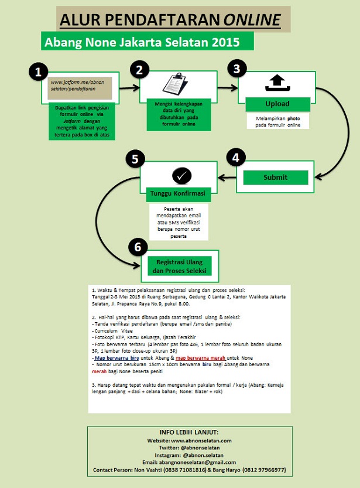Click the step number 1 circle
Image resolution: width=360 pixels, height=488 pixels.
pyautogui.click(x=38, y=71)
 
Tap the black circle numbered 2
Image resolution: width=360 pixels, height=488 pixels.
pyautogui.click(x=139, y=70)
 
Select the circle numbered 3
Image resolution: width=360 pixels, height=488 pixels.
pyautogui.click(x=236, y=68)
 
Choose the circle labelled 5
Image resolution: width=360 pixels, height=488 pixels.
pyautogui.click(x=135, y=158)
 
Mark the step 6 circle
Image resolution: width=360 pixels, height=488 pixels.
pyautogui.click(x=138, y=247)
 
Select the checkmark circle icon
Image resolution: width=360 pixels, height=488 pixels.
pyautogui.click(x=181, y=175)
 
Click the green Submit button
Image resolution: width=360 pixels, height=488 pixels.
pyautogui.click(x=275, y=178)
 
